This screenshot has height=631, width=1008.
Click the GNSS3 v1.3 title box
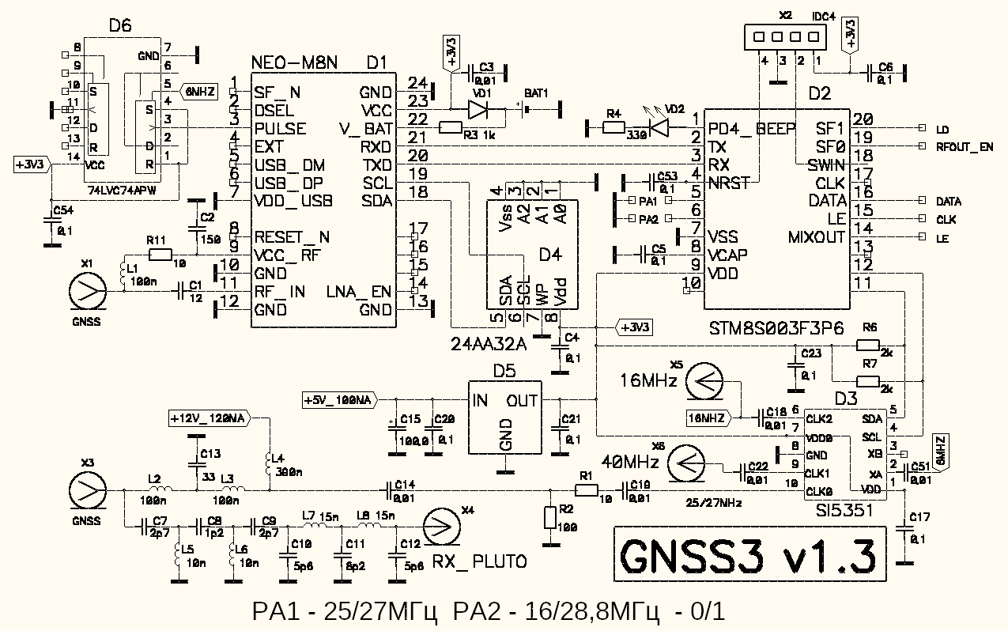click(747, 557)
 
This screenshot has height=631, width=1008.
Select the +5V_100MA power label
click(338, 401)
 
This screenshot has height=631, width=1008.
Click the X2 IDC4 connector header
click(779, 37)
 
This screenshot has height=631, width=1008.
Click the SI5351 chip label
click(846, 512)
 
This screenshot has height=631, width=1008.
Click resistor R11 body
click(160, 255)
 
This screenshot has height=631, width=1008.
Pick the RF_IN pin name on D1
click(280, 292)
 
